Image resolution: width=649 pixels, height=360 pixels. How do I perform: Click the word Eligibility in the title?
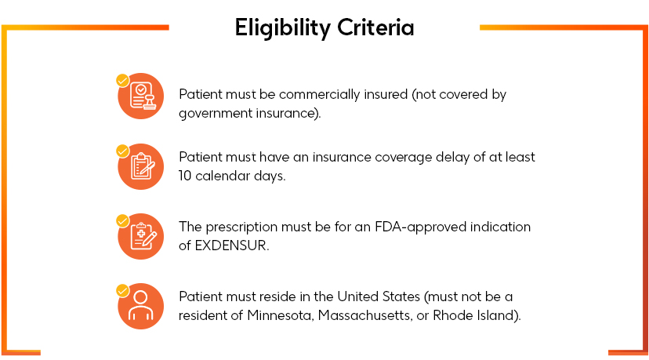pyautogui.click(x=283, y=28)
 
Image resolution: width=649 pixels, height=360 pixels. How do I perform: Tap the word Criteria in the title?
pyautogui.click(x=375, y=28)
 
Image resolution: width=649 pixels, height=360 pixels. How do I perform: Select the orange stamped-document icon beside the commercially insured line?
pyautogui.click(x=141, y=96)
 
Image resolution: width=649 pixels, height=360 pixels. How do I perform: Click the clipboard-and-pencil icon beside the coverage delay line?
pyautogui.click(x=141, y=166)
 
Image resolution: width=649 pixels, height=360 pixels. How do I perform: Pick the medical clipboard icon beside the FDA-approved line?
pyautogui.click(x=141, y=236)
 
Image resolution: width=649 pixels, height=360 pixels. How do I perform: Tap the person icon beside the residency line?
pyautogui.click(x=141, y=306)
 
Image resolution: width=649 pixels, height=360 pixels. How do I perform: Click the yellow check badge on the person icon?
pyautogui.click(x=122, y=290)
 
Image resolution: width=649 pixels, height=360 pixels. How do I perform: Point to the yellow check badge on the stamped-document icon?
pyautogui.click(x=122, y=80)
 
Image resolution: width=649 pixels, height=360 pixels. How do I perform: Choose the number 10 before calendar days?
pyautogui.click(x=187, y=176)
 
